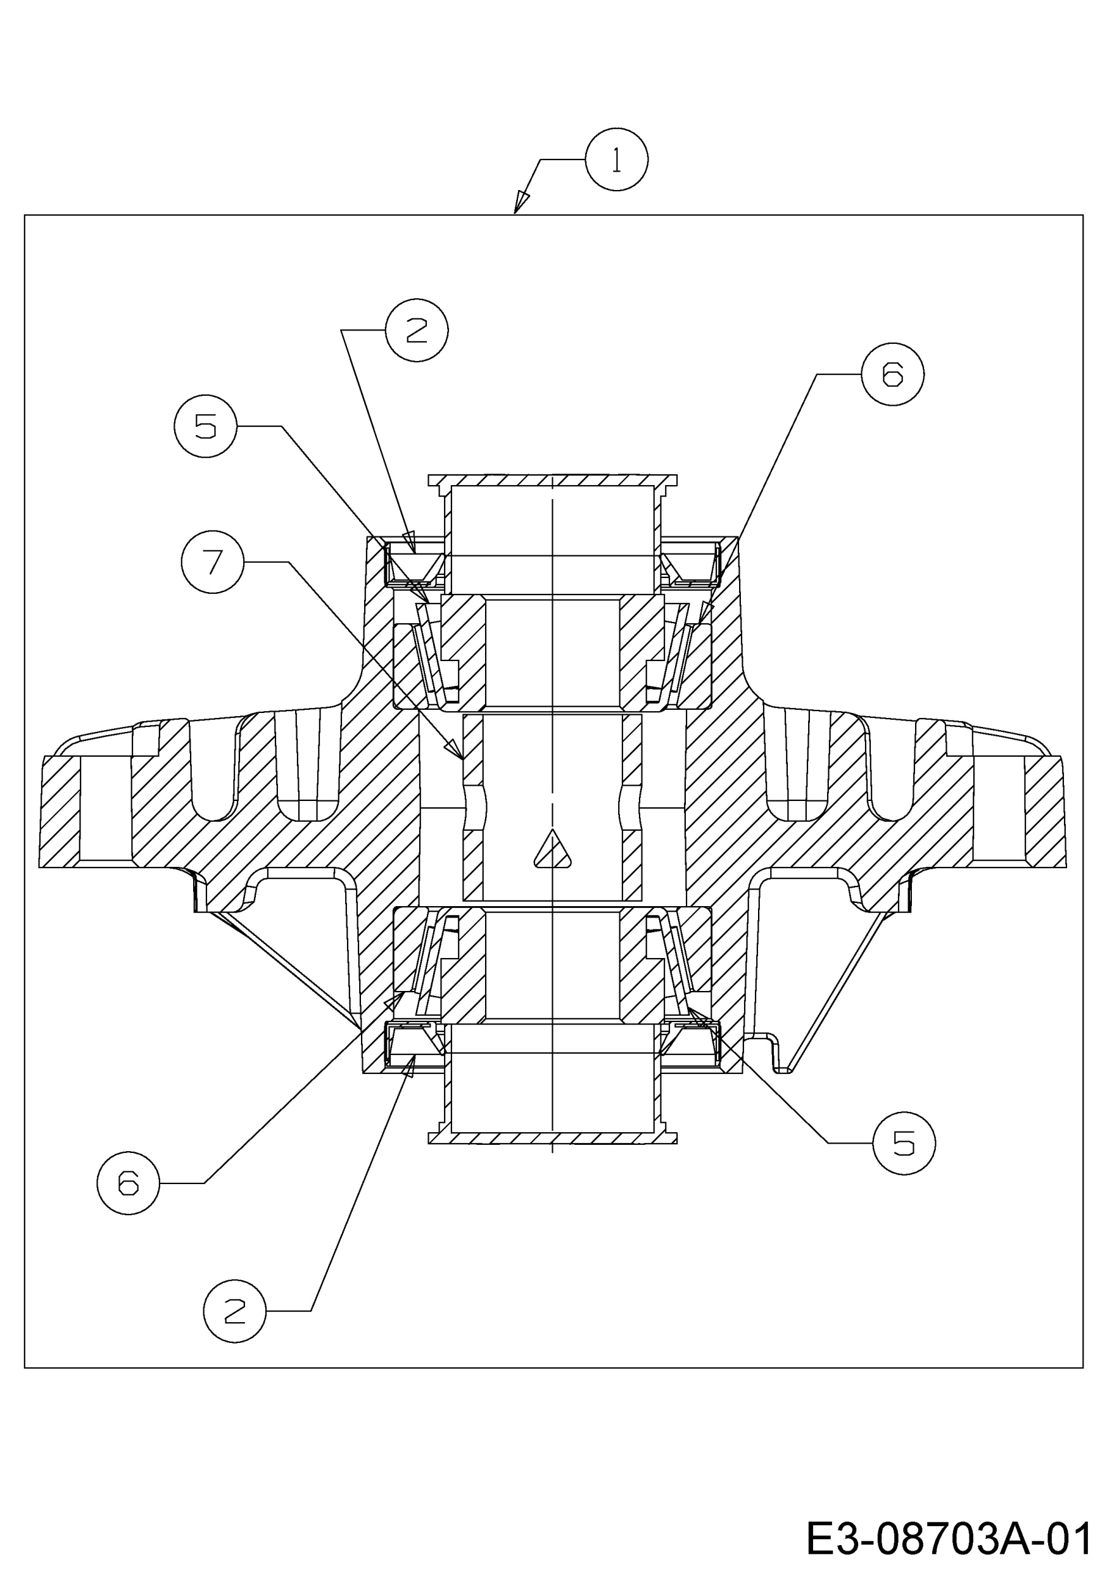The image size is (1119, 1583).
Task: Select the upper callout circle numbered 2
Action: pyautogui.click(x=417, y=331)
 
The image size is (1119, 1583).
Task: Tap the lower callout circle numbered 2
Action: pyautogui.click(x=234, y=1311)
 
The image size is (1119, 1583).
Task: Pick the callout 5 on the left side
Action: pyautogui.click(x=205, y=426)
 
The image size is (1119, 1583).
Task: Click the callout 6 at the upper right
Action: pyautogui.click(x=893, y=374)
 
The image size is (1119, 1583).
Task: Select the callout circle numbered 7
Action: pyautogui.click(x=213, y=562)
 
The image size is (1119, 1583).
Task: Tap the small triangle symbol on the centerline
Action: pyautogui.click(x=552, y=849)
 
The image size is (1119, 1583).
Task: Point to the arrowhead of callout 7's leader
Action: pyautogui.click(x=453, y=748)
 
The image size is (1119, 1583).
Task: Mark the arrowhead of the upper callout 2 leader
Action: pyautogui.click(x=410, y=541)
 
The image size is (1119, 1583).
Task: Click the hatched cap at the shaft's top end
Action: pyautogui.click(x=552, y=481)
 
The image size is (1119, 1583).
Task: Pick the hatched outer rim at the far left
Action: pyautogui.click(x=61, y=812)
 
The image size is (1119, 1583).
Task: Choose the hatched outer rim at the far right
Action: pyautogui.click(x=1046, y=812)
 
